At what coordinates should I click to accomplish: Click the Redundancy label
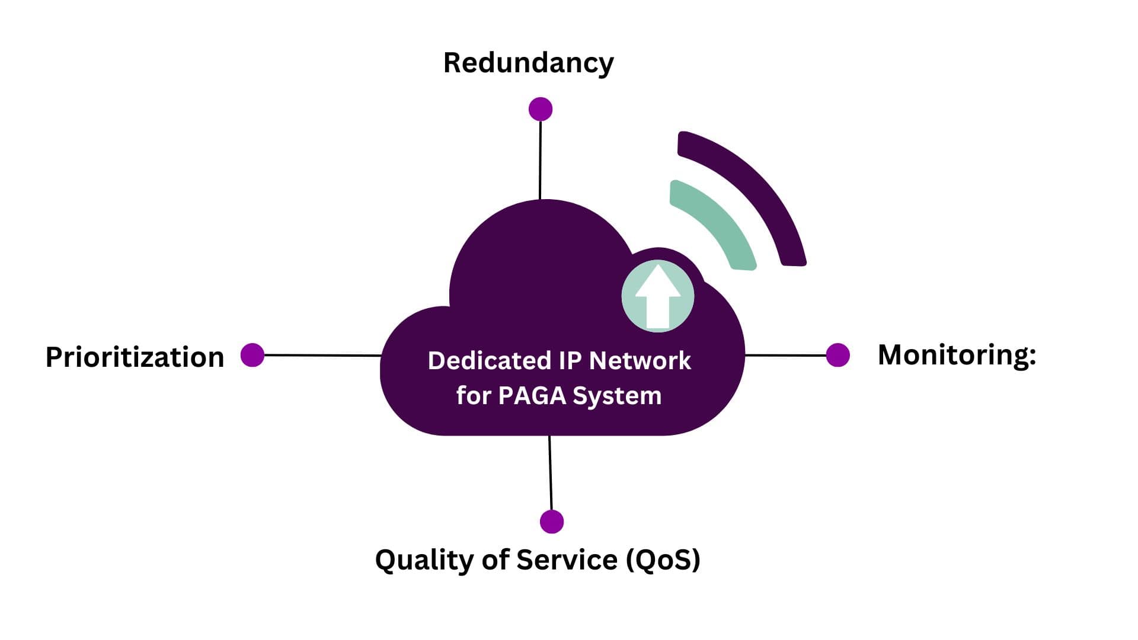(x=528, y=63)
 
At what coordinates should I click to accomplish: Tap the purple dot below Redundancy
(x=540, y=109)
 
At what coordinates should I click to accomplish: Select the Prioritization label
(x=135, y=357)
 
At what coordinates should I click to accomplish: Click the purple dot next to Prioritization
(x=252, y=355)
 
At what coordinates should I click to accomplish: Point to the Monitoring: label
(x=956, y=355)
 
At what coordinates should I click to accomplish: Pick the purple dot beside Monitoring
(x=837, y=355)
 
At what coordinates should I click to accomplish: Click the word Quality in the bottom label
(x=424, y=560)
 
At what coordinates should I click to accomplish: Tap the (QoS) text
(x=663, y=560)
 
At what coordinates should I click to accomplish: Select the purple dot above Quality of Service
(x=552, y=521)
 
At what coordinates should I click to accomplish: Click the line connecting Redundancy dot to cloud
(x=540, y=160)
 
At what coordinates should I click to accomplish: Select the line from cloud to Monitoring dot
(x=785, y=355)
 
